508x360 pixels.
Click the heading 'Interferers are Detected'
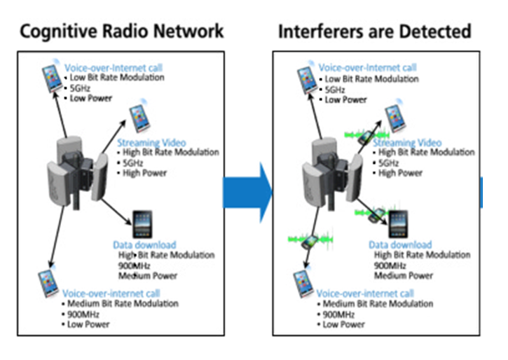point(374,31)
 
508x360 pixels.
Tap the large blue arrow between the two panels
point(248,192)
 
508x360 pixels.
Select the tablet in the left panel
point(142,225)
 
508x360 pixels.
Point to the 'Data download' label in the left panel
point(144,245)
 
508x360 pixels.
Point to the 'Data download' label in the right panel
point(400,245)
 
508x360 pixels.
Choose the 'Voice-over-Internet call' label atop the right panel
point(367,68)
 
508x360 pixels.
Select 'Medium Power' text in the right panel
point(403,275)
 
